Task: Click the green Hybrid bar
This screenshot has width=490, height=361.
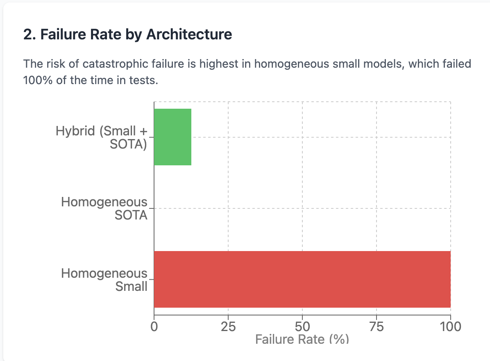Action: click(172, 137)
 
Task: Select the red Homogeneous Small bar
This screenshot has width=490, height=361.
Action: click(302, 279)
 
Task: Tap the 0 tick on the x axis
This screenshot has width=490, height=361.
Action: click(154, 327)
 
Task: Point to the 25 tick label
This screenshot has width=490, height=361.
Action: click(228, 327)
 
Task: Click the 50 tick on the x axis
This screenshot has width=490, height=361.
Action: click(302, 327)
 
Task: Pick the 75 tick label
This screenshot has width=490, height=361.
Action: click(377, 327)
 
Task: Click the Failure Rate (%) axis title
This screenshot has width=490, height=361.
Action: click(302, 339)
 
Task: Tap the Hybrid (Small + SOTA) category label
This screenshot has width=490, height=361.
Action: click(102, 137)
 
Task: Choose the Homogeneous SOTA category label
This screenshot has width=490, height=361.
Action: click(104, 208)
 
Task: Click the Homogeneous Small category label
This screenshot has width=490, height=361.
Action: click(104, 279)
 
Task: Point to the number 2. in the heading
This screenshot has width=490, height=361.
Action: click(29, 34)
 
